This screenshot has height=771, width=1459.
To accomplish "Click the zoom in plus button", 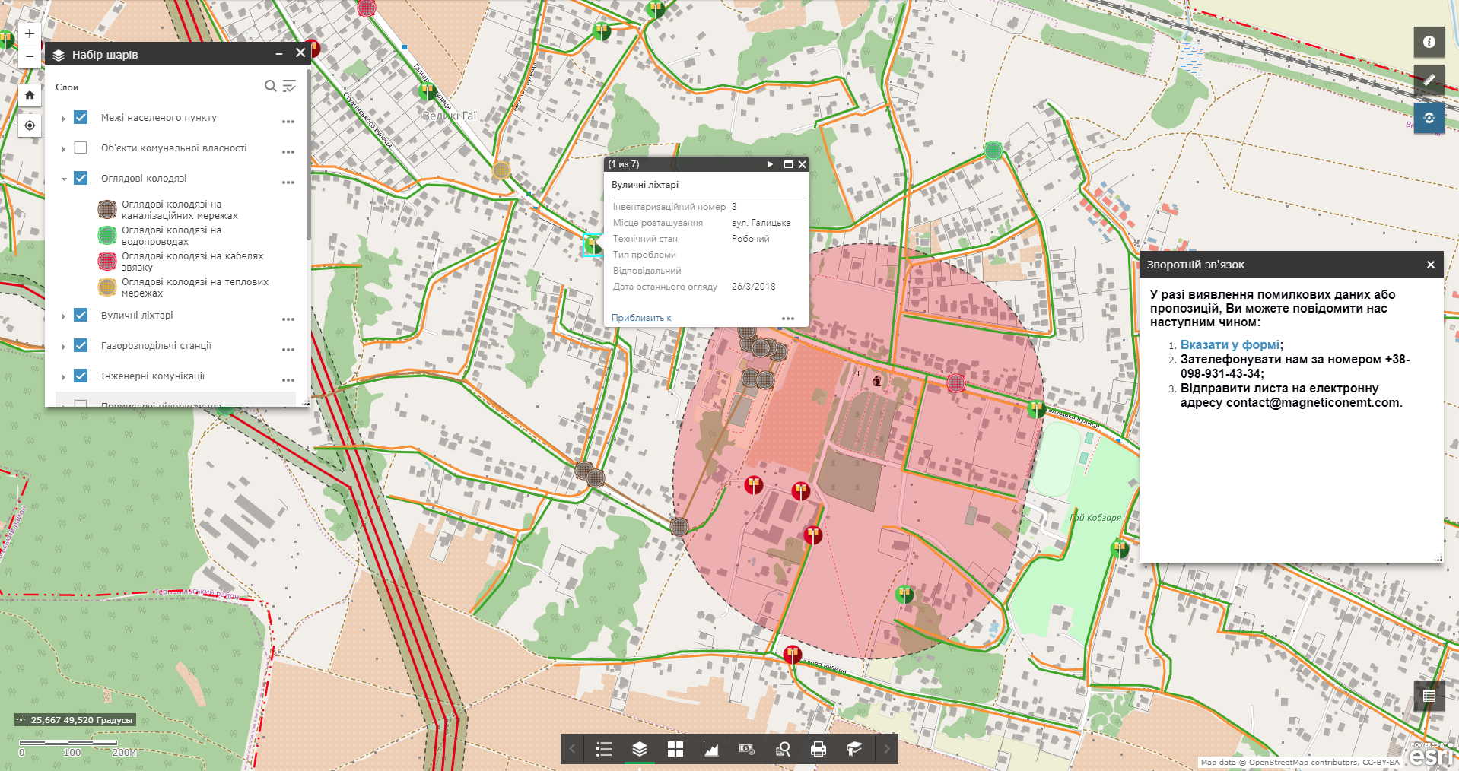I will [x=29, y=33].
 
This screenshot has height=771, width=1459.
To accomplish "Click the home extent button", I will [x=29, y=95].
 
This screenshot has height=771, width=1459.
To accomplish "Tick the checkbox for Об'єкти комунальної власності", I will [x=81, y=148].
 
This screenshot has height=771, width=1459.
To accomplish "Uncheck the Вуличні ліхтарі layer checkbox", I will [x=81, y=315].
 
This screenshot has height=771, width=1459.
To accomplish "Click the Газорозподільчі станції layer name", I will [x=156, y=345].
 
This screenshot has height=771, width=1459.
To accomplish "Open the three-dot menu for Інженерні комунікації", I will [x=288, y=379].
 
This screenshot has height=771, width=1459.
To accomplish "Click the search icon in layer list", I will [x=270, y=86].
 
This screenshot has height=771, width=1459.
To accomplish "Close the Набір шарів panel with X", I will [x=300, y=53].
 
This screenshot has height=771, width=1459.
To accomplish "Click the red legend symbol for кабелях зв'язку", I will [x=107, y=261].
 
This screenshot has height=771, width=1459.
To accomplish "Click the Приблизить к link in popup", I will [x=641, y=318].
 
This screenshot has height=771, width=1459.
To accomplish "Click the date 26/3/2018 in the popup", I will [x=753, y=287].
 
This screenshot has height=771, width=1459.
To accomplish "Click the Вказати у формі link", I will [x=1230, y=344].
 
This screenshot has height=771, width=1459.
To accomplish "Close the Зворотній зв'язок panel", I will [x=1430, y=265].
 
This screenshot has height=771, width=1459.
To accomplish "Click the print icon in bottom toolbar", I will [x=818, y=749].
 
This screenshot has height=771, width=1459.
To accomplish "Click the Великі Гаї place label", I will [x=449, y=116].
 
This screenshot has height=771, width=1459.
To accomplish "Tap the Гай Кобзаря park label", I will [x=1095, y=518].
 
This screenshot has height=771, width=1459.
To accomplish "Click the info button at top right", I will [x=1429, y=42].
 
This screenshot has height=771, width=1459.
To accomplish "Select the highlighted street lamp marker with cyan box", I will [x=592, y=245].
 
